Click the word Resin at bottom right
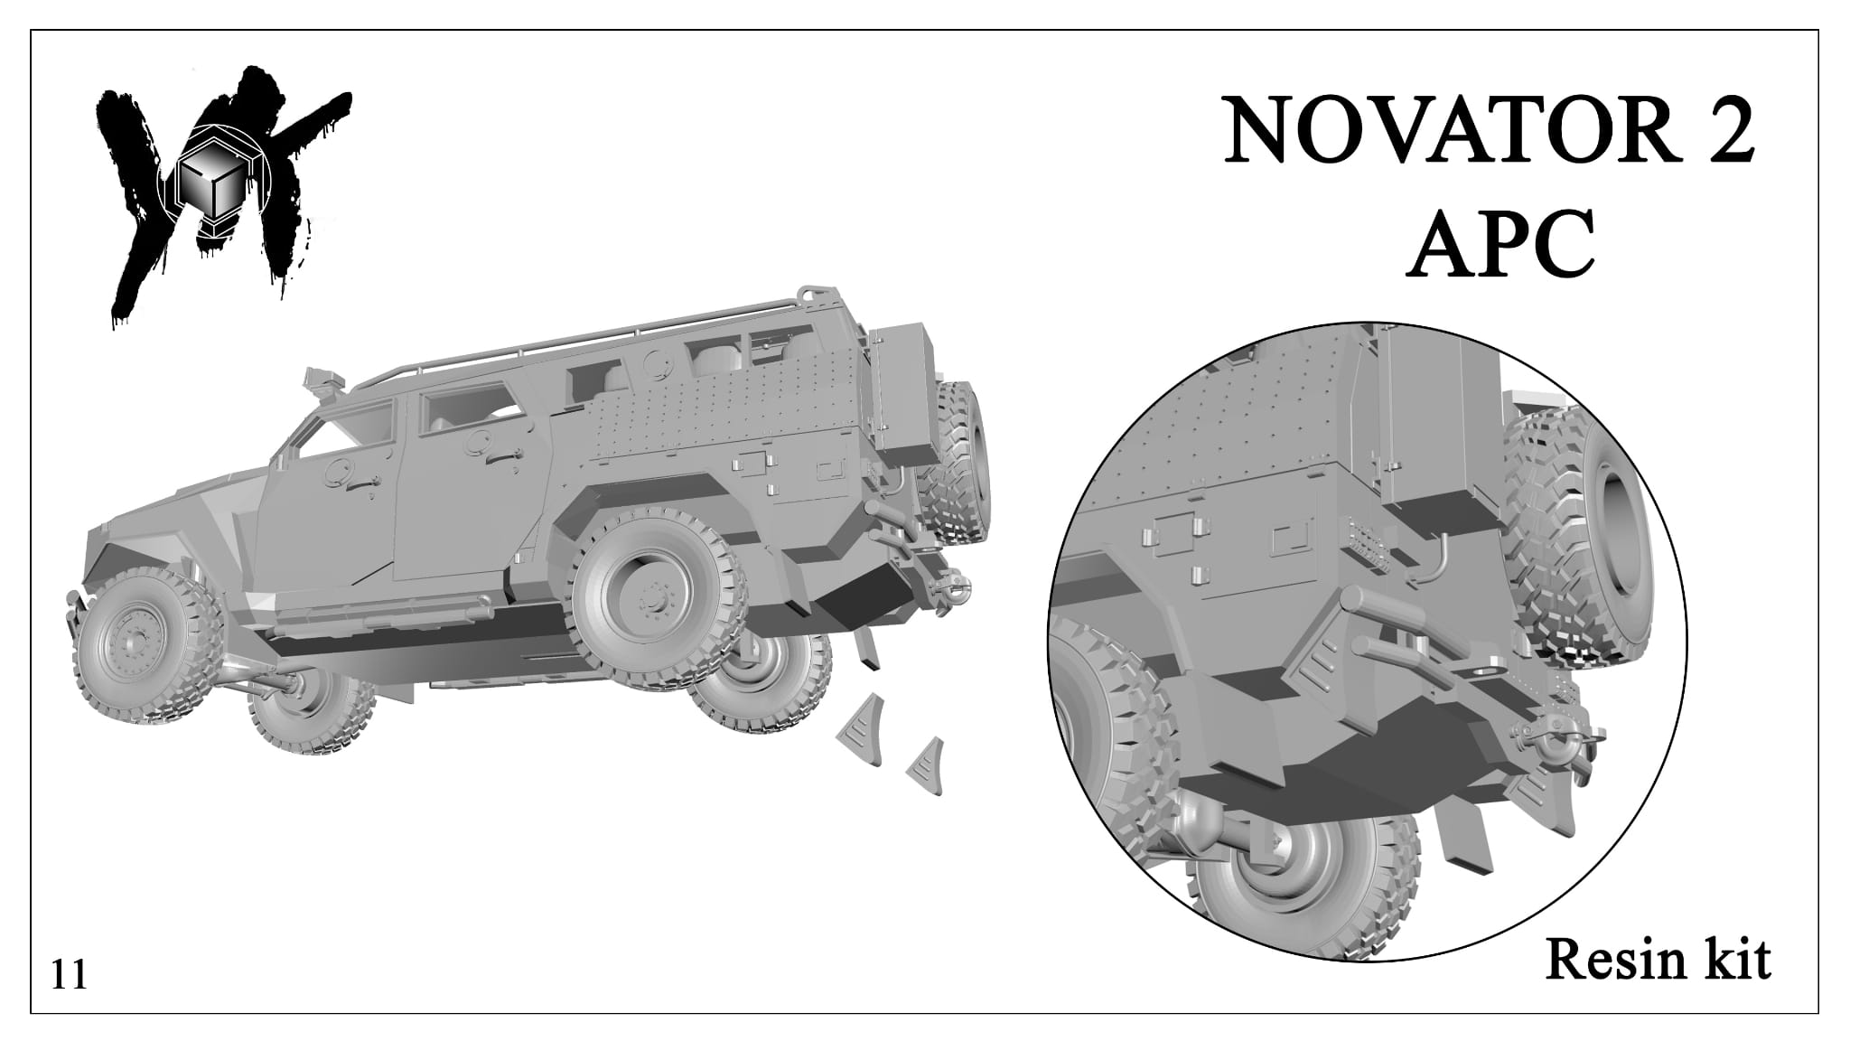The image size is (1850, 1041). pos(1604,960)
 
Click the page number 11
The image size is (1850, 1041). pos(70,976)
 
